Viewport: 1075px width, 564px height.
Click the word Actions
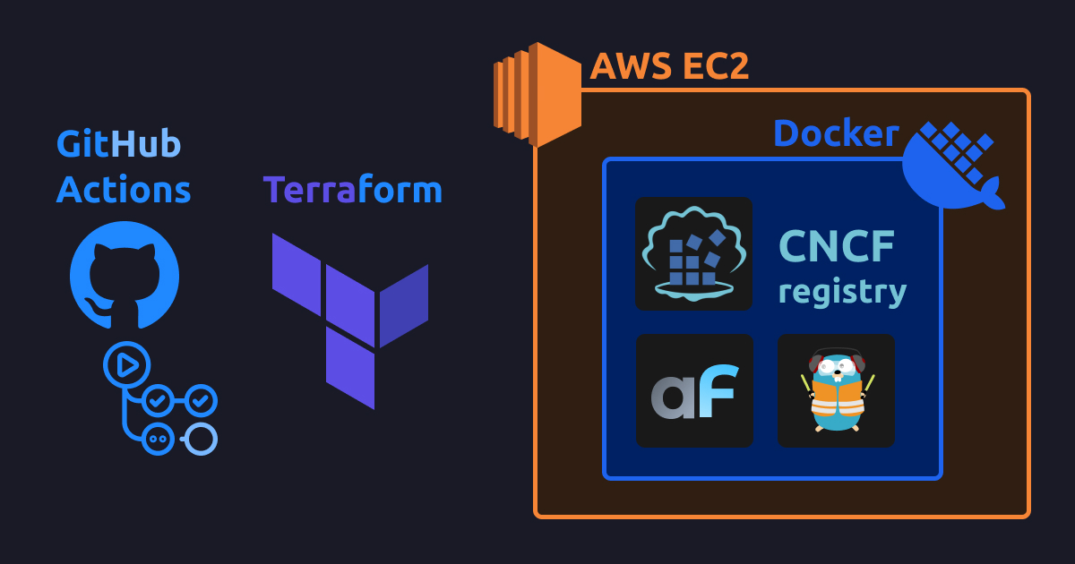[x=124, y=190]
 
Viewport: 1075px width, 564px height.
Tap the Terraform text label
[x=352, y=190]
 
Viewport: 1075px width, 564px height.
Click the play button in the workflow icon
[x=126, y=364]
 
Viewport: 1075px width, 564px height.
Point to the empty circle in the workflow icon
[x=202, y=439]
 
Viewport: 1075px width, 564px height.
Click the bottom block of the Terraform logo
[x=350, y=368]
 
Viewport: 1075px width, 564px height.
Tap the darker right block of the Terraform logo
[x=404, y=304]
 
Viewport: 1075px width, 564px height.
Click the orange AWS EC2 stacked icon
[x=537, y=94]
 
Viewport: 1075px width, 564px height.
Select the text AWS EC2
[x=668, y=66]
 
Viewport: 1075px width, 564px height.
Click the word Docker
[x=835, y=134]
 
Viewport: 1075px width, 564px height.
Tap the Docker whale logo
[x=951, y=167]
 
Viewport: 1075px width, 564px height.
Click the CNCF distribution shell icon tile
[x=693, y=254]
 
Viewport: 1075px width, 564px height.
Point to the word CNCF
[x=836, y=246]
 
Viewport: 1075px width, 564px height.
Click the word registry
[x=842, y=292]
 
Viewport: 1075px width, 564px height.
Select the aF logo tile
[x=694, y=390]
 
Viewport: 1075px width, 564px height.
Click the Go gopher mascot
[x=836, y=390]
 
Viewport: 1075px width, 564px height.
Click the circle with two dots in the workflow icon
[x=159, y=439]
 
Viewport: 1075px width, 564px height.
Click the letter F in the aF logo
[x=718, y=391]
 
